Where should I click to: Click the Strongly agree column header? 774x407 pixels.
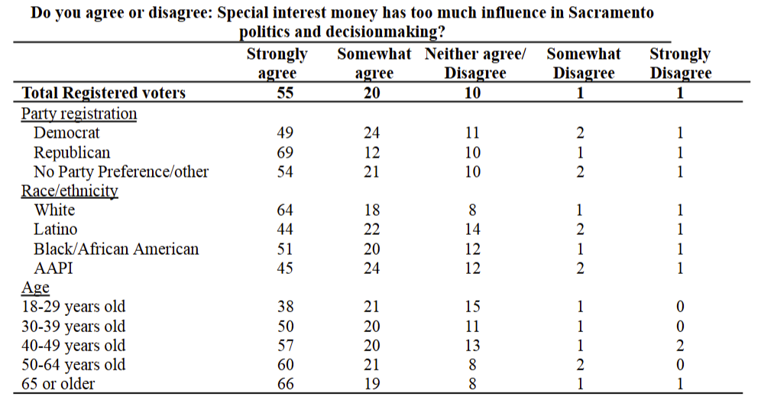click(277, 63)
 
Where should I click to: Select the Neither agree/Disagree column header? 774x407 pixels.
click(474, 63)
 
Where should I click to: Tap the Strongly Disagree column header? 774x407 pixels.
click(680, 63)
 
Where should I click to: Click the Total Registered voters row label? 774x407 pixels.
click(104, 93)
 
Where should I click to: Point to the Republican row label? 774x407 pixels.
click(72, 152)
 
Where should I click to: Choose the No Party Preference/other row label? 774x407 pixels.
click(121, 171)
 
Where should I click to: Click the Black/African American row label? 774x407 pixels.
click(116, 249)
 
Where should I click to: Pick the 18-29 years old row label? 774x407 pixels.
click(73, 307)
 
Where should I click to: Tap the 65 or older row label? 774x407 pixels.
click(59, 384)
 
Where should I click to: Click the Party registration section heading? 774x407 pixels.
click(79, 113)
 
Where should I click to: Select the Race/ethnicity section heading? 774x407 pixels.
click(69, 190)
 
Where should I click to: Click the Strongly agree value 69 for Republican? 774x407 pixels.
click(284, 152)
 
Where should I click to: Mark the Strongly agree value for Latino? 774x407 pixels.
click(284, 230)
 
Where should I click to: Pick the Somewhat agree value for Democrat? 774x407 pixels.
click(371, 133)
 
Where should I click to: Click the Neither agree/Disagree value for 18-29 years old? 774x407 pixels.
click(473, 307)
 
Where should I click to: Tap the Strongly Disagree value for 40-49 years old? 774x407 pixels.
click(680, 345)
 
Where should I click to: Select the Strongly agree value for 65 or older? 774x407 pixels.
click(284, 384)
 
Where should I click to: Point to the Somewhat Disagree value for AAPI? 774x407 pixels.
click(580, 268)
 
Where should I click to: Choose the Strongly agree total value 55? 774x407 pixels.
click(284, 93)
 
